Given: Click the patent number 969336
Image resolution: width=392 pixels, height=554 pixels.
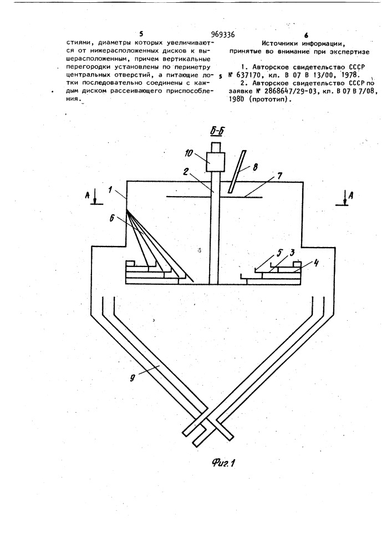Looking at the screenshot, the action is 223,34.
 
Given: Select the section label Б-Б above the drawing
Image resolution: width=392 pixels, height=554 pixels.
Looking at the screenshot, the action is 217,132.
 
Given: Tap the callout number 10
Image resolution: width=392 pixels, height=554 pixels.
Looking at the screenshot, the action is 189,153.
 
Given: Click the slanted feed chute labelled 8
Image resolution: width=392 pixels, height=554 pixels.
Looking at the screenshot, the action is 237,172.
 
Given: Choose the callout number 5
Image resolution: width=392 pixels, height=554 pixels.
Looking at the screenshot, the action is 279,252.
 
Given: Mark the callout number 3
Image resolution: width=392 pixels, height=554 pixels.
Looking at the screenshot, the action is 292,253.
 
